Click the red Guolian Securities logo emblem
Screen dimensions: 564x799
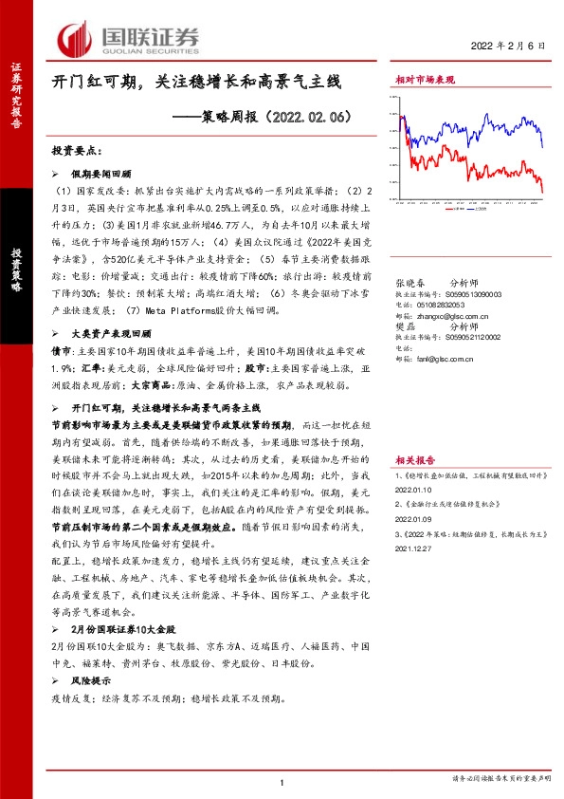coord(75,39)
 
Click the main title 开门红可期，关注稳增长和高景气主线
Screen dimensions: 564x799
coord(195,84)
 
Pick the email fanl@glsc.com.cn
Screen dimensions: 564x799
coord(439,358)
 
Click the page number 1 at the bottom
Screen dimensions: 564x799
coord(282,782)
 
